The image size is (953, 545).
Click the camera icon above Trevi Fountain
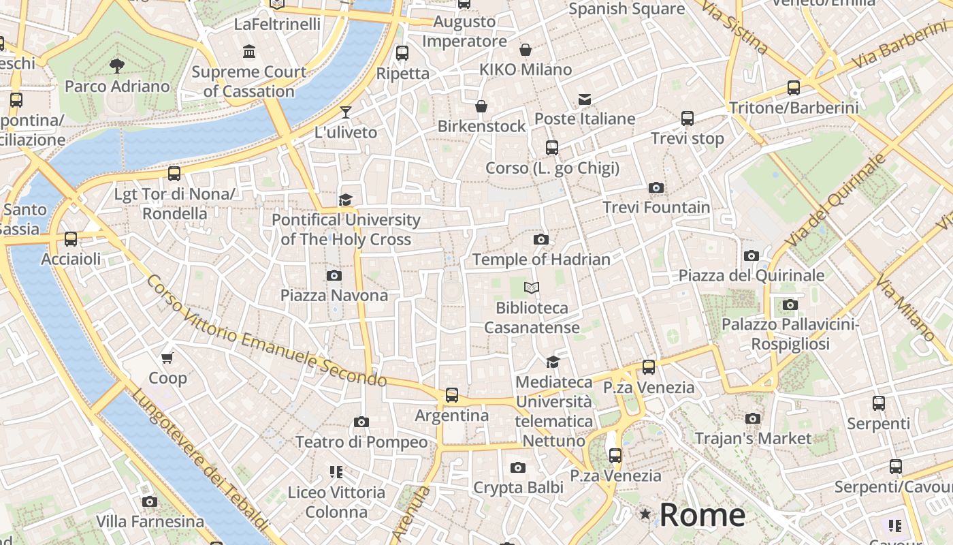[x=656, y=187]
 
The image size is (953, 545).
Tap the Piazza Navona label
[x=334, y=295]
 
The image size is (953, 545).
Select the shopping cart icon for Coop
[x=167, y=358]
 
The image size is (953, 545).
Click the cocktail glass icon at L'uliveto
[x=346, y=112]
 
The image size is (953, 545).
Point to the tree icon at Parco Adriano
[x=117, y=65]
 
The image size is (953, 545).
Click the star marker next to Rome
[x=645, y=514]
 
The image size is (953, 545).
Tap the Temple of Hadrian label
[x=541, y=259]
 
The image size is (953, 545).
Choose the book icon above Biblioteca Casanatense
[x=532, y=288]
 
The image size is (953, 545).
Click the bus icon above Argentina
[x=452, y=395]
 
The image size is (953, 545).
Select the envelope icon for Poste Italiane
[x=585, y=99]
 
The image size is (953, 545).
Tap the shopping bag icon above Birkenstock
[x=481, y=106]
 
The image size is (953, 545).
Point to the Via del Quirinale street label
[x=835, y=201]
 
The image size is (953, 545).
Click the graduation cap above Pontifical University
[x=346, y=200]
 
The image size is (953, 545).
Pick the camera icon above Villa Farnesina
[x=150, y=502]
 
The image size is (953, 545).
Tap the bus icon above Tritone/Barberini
[x=794, y=88]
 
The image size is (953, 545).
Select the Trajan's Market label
[x=753, y=438]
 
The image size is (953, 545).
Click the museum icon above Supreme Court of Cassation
[x=249, y=52]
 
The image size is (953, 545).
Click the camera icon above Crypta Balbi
[x=518, y=467]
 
